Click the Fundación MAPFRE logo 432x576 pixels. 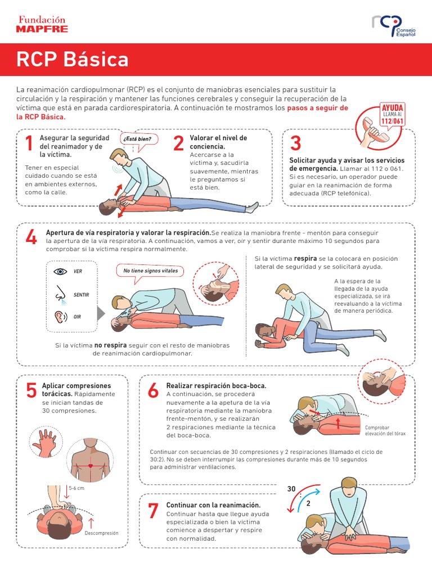42,24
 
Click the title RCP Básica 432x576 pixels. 72,59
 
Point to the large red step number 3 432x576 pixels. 296,144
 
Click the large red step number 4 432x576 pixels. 31,238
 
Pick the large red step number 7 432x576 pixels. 153,511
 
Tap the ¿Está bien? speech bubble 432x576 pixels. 138,139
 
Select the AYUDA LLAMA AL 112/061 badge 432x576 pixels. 393,114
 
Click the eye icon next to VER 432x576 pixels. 60,271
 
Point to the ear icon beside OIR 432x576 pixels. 59,317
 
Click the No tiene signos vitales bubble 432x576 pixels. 150,271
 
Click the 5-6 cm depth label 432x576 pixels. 76,488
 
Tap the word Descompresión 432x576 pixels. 101,533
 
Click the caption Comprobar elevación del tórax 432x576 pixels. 385,431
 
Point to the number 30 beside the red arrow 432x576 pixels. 291,489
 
